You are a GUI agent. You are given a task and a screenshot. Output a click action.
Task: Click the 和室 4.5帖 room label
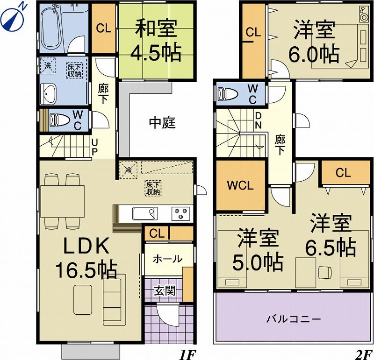tap(156, 41)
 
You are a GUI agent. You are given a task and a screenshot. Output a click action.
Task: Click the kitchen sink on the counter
tap(144, 213)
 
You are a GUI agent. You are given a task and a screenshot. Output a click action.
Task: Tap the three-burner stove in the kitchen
tap(181, 213)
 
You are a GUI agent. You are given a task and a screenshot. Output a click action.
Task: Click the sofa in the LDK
tap(114, 299)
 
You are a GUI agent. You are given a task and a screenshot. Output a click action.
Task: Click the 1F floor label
tap(187, 353)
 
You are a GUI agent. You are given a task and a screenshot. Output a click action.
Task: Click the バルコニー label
tap(294, 319)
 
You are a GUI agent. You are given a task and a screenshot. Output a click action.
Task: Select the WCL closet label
tap(240, 185)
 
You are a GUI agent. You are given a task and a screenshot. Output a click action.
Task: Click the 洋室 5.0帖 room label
tap(258, 249)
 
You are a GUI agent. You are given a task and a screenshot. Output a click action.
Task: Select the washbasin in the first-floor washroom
tap(48, 95)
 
